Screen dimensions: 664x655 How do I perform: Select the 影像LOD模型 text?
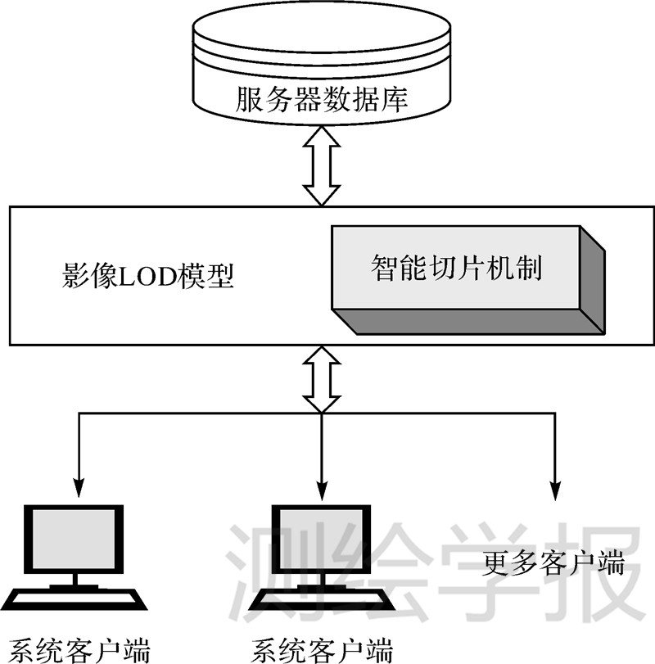pyautogui.click(x=147, y=276)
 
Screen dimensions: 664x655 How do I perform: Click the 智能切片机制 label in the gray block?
pyautogui.click(x=457, y=268)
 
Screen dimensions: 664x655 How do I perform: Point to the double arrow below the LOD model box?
pyautogui.click(x=321, y=379)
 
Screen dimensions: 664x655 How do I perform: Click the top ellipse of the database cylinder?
pyautogui.click(x=321, y=29)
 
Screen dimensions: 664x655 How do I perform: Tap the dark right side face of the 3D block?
pyautogui.click(x=593, y=282)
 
